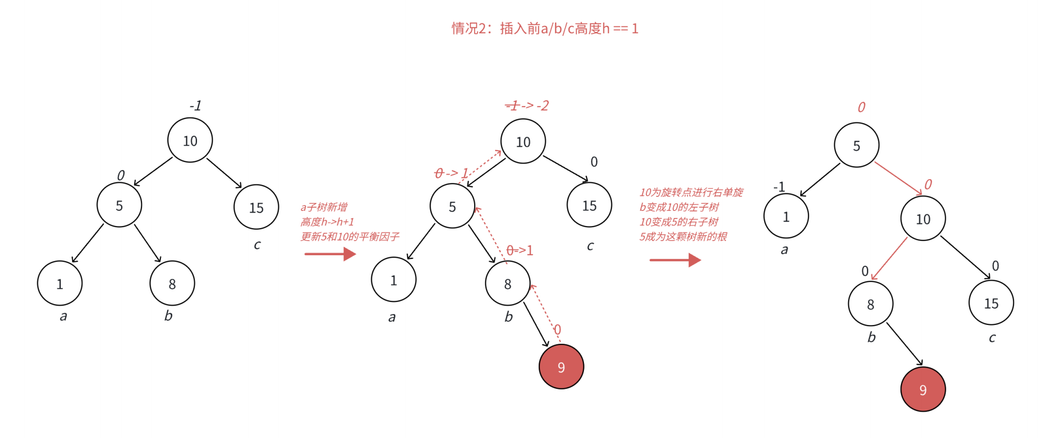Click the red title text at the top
[x=545, y=29]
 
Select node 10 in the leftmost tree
[x=190, y=140]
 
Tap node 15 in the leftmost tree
[x=256, y=207]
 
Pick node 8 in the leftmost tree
[x=172, y=284]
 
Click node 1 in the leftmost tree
[x=60, y=284]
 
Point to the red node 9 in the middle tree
[x=561, y=367]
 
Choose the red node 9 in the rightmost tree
[x=923, y=390]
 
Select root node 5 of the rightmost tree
[x=857, y=145]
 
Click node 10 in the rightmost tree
[x=923, y=218]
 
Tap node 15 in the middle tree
[x=589, y=205]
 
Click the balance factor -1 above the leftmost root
[x=195, y=106]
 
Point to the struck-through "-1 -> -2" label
[x=527, y=106]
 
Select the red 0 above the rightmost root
[x=862, y=108]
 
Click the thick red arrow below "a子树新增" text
[x=330, y=253]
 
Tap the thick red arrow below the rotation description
[x=675, y=260]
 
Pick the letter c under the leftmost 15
[x=257, y=245]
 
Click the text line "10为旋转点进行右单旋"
[x=691, y=193]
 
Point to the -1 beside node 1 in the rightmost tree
[x=779, y=187]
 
